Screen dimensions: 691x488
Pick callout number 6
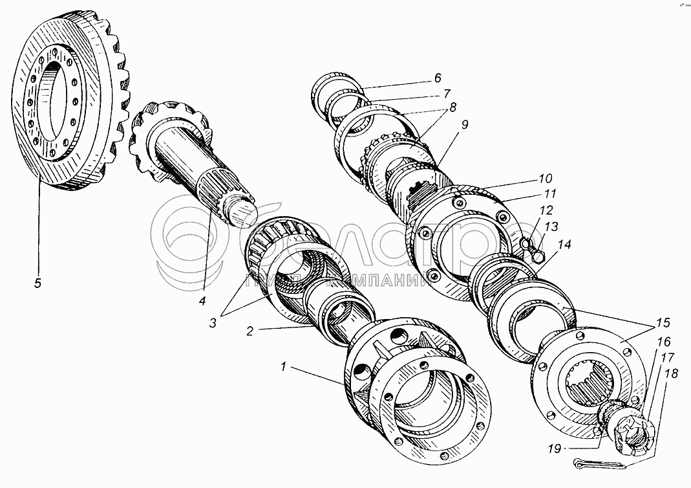click(438, 78)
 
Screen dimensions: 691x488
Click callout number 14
click(565, 245)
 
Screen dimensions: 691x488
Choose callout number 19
click(555, 448)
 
